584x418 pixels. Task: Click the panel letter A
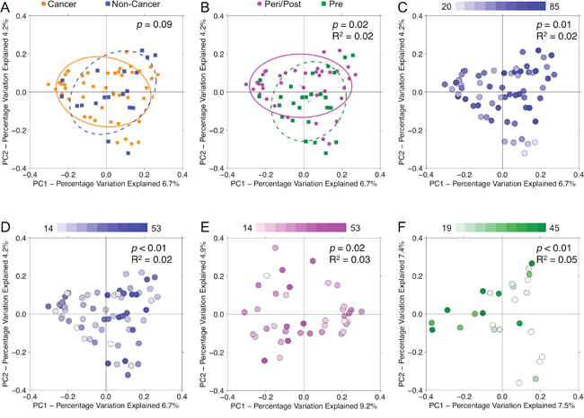tap(7, 7)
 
